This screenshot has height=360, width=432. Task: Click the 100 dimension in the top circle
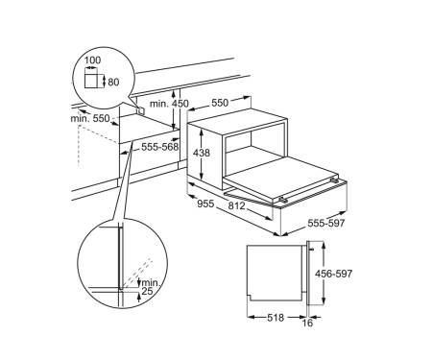[x=92, y=60]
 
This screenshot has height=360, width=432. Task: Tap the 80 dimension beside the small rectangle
[x=113, y=83]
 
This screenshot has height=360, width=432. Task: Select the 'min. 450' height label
[x=169, y=104]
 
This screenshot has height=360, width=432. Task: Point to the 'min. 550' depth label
[x=90, y=119]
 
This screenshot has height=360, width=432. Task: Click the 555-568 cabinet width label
[x=159, y=147]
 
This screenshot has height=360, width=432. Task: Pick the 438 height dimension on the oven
[x=202, y=153]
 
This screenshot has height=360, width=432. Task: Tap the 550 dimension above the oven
[x=220, y=103]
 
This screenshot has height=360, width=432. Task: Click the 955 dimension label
[x=205, y=204]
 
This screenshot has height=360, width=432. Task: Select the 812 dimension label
[x=236, y=205]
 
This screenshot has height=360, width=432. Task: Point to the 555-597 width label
[x=326, y=223]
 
